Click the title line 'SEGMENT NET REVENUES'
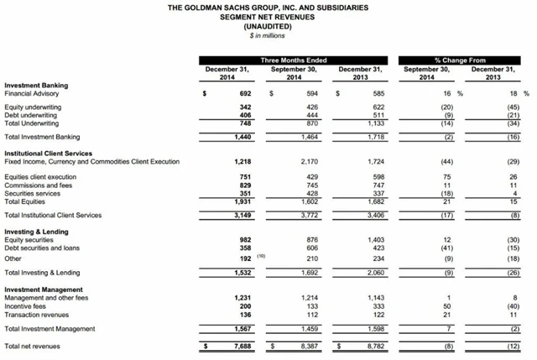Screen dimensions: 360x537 268,18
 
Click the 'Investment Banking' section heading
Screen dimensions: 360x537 36,85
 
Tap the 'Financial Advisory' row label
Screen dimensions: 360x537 31,93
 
